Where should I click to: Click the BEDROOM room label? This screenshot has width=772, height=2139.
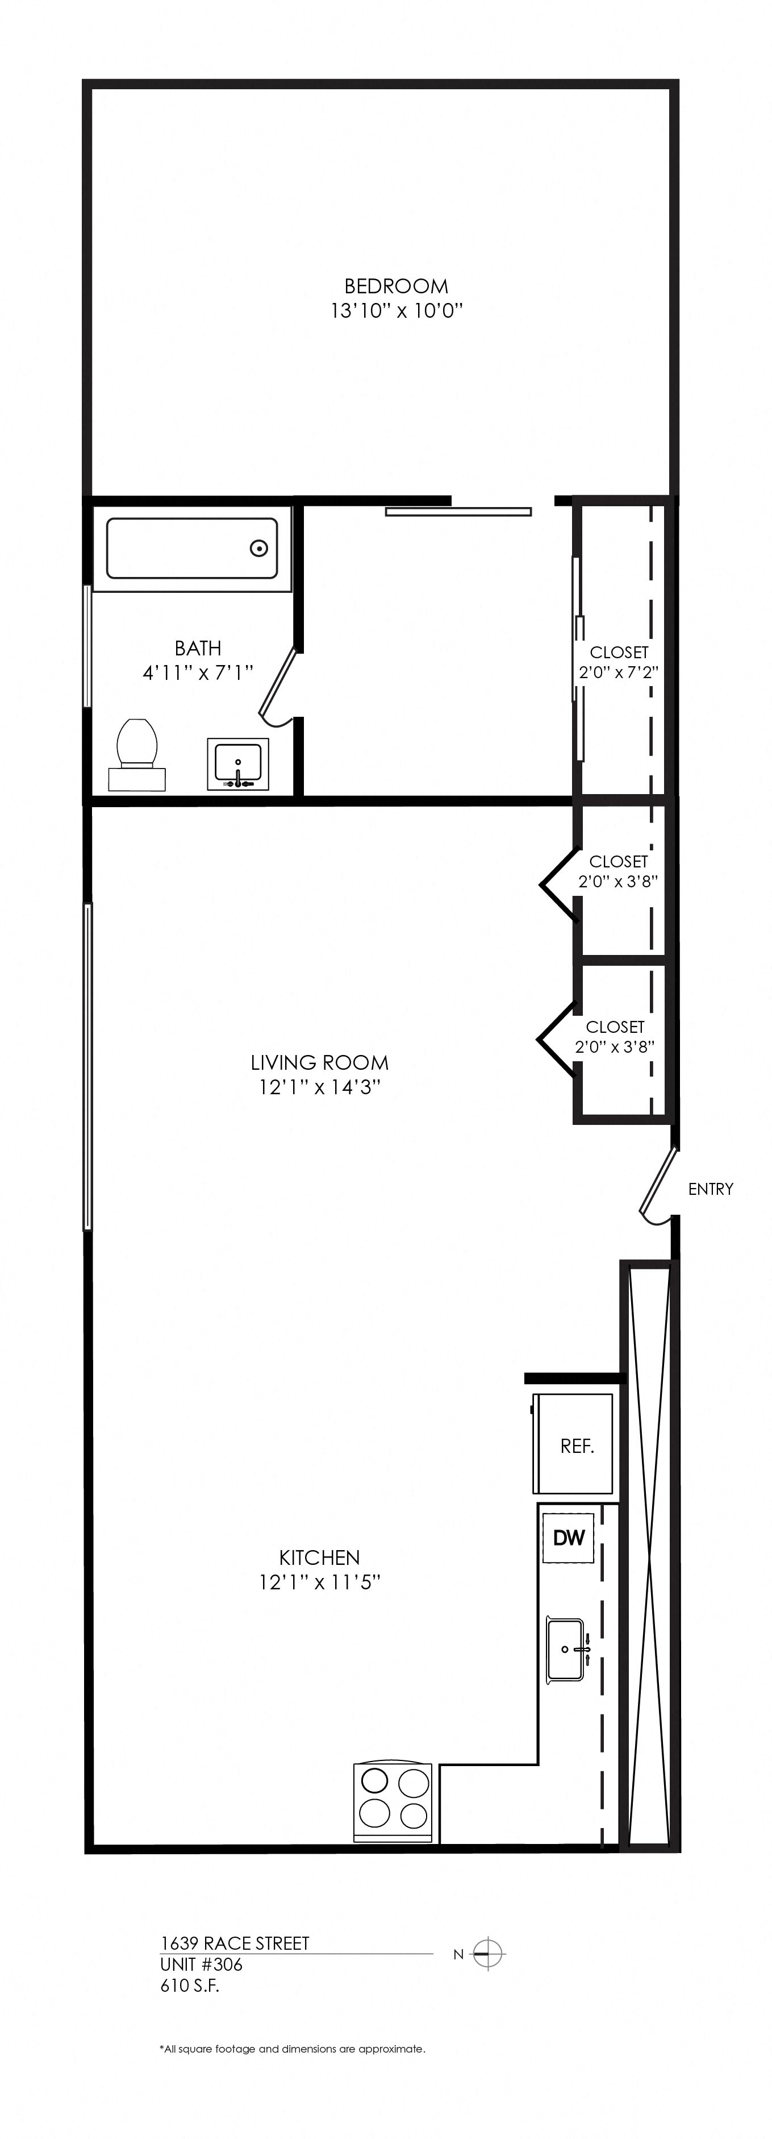396,286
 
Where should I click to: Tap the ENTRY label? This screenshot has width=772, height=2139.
711,1189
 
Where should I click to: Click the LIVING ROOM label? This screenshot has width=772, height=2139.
320,1062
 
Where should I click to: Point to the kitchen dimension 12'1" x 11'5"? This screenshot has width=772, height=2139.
320,1582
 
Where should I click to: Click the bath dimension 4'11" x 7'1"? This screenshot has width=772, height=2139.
198,672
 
